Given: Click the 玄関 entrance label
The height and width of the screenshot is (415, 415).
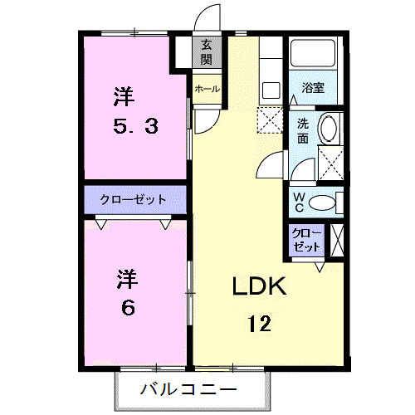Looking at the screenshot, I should pyautogui.click(x=207, y=52).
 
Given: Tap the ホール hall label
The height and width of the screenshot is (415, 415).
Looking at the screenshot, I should pyautogui.click(x=207, y=89).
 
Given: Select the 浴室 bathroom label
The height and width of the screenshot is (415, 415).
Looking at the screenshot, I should pyautogui.click(x=313, y=86).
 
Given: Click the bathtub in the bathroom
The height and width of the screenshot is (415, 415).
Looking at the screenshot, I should pyautogui.click(x=314, y=56).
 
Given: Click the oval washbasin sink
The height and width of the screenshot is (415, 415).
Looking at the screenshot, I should pyautogui.click(x=328, y=131).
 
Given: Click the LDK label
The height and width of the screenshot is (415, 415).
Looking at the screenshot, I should pyautogui.click(x=258, y=287).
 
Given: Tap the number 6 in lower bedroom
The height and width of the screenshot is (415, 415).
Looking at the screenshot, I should pyautogui.click(x=127, y=307).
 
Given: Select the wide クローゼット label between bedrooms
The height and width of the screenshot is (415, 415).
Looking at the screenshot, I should pyautogui.click(x=133, y=199).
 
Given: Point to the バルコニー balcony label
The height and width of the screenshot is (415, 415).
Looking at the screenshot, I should pyautogui.click(x=188, y=388).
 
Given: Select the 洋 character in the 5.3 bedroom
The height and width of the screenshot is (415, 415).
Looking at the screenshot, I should pyautogui.click(x=122, y=96).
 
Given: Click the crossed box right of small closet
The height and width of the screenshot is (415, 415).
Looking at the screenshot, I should pyautogui.click(x=337, y=241).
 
